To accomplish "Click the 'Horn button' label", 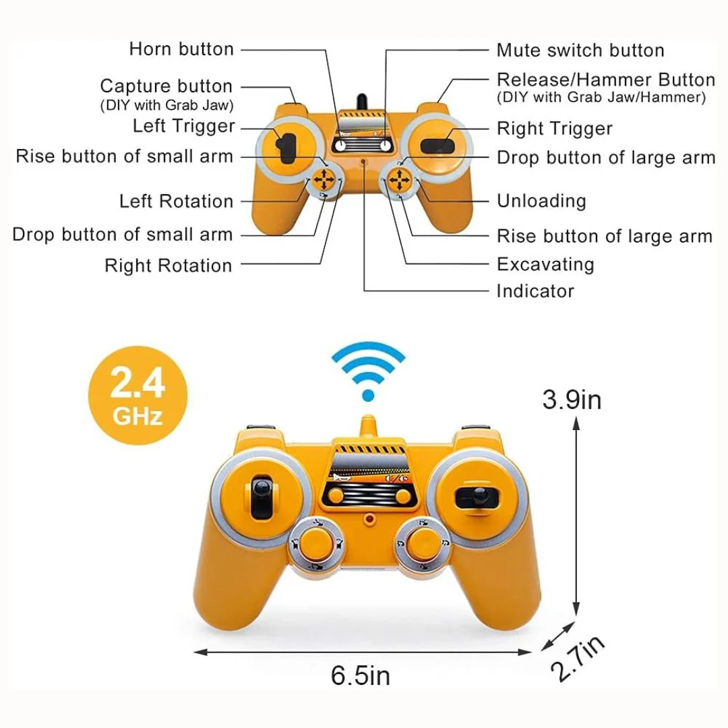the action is coord(181,49).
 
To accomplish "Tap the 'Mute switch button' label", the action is coord(580,50).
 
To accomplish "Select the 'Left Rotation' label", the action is coord(176,201).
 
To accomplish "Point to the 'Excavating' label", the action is coord(545,264).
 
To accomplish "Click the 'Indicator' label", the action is coord(535,291).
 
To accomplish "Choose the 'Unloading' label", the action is coord(541,201).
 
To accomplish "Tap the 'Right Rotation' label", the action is coord(168,266).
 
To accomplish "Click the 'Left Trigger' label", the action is coord(184,126).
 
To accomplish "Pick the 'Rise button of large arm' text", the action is coord(605,236).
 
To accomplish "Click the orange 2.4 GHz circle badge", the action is coord(138,396).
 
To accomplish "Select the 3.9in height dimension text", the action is coord(572,399).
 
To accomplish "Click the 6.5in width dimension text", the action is coord(360,675).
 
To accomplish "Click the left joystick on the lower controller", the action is coord(262,496).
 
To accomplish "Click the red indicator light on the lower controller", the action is coord(369,518).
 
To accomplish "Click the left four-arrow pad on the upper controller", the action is coord(323,179).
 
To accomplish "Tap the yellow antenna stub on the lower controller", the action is coord(368,426).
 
